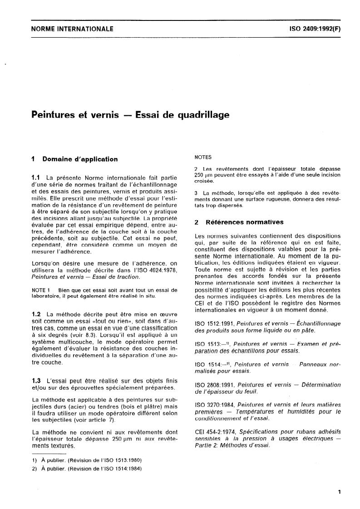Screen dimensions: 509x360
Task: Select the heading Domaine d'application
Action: point(80,159)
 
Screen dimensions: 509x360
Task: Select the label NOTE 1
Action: point(41,291)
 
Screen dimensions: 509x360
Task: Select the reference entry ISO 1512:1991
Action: point(212,323)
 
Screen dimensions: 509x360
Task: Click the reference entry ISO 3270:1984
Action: point(212,404)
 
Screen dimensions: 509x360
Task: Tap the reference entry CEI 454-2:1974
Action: point(215,430)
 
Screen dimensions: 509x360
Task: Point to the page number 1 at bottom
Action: point(340,491)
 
